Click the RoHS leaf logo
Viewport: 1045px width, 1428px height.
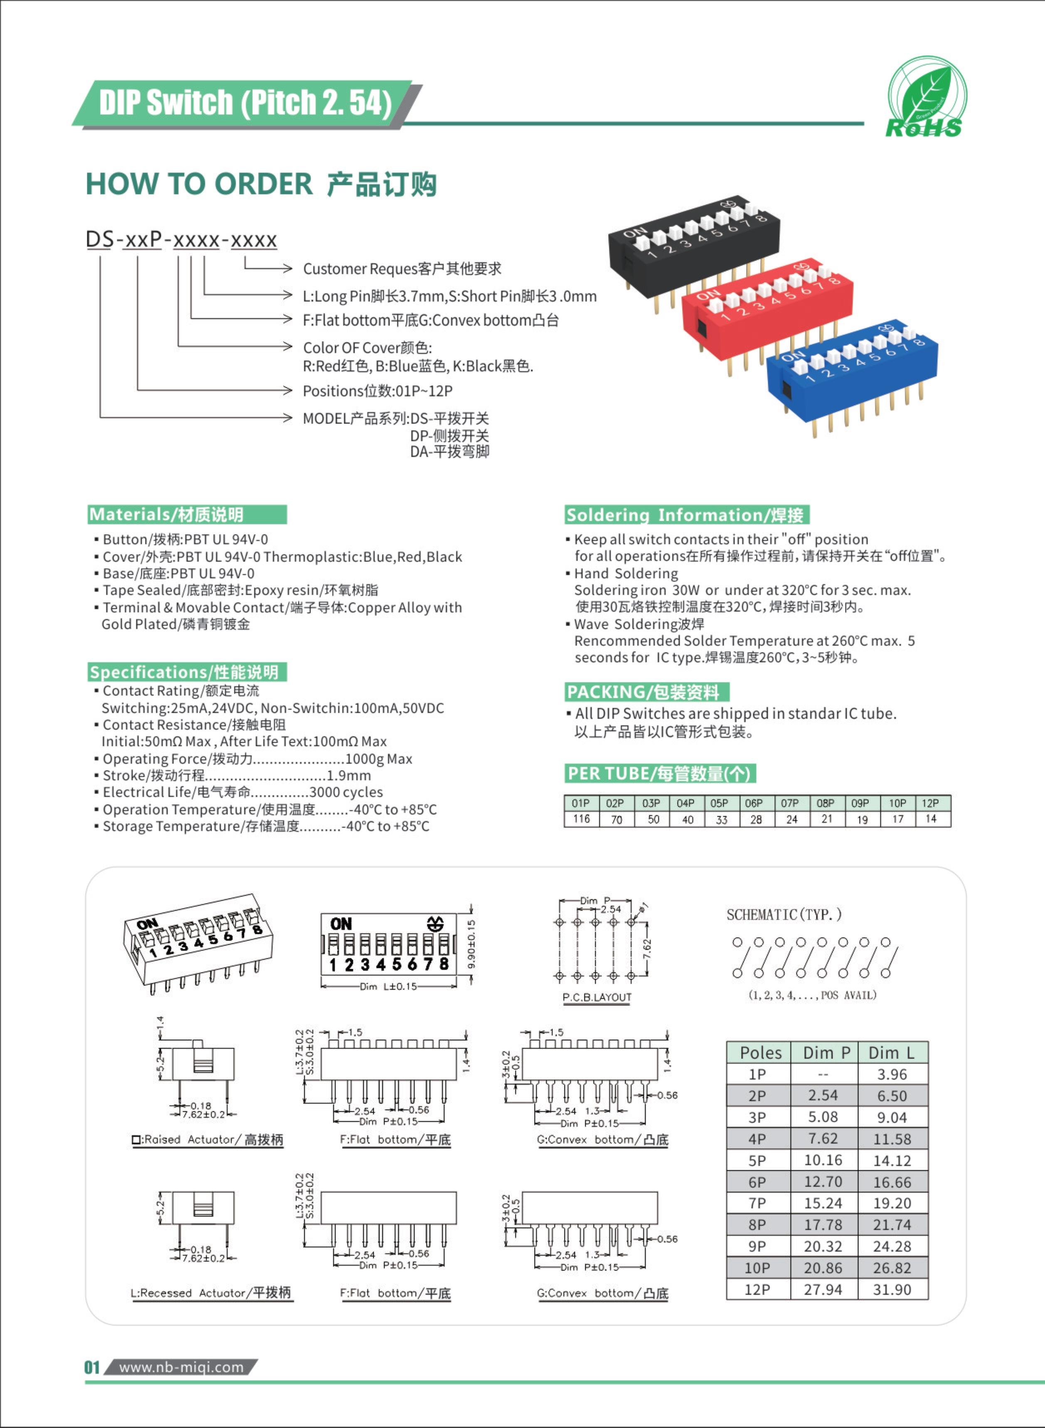click(925, 97)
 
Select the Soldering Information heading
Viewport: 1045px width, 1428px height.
click(686, 515)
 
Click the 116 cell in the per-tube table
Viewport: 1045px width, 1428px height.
click(582, 819)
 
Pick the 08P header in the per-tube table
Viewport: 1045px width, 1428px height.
click(825, 803)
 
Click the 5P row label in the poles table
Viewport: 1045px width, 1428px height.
click(757, 1160)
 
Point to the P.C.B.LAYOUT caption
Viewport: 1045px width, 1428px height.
click(596, 997)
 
